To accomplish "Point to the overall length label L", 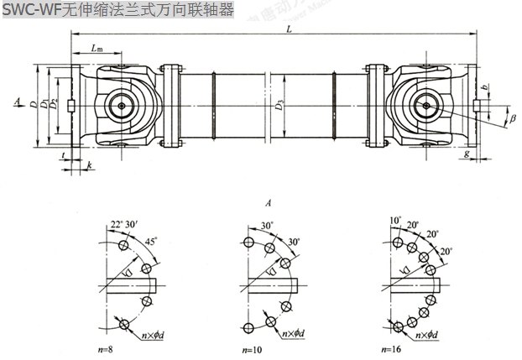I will pyautogui.click(x=288, y=29).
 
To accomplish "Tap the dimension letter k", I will pyautogui.click(x=88, y=166).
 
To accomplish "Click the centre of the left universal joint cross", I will pyautogui.click(x=123, y=107).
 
